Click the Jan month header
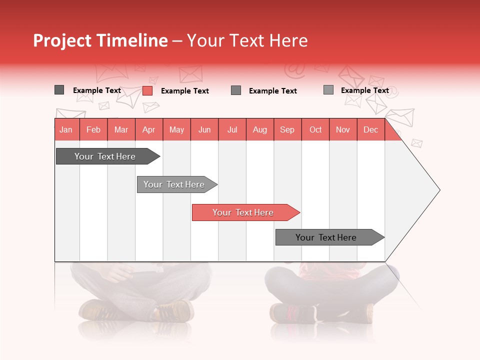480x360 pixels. point(66,130)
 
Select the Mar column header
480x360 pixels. point(121,130)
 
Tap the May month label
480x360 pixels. point(176,130)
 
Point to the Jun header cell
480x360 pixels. point(204,130)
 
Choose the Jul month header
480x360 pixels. point(232,130)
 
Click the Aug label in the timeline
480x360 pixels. point(260,130)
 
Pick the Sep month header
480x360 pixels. point(287,130)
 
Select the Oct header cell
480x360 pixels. point(315,130)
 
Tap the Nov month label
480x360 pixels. point(343,130)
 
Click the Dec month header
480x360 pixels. point(370,130)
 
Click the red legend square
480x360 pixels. point(147,90)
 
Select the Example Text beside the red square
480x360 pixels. point(185,91)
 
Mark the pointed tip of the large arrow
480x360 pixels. point(439,190)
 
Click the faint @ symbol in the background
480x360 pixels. point(295,70)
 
